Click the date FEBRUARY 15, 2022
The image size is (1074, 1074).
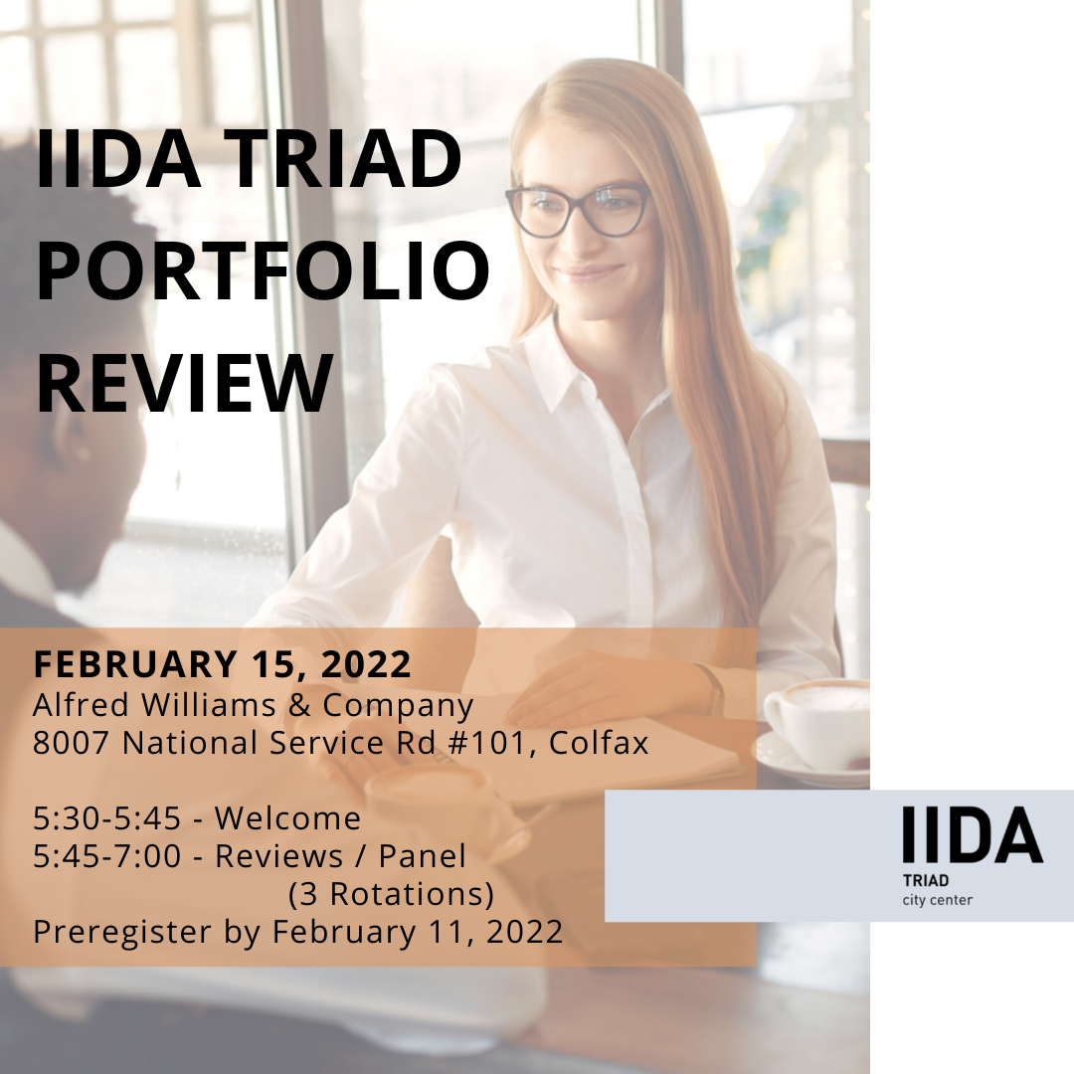(x=223, y=663)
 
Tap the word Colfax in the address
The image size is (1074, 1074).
(x=599, y=743)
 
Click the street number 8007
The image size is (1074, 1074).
(x=72, y=743)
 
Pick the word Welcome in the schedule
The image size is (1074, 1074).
(x=287, y=817)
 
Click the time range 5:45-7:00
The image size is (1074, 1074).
(x=106, y=855)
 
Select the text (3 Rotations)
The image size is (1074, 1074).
(x=391, y=894)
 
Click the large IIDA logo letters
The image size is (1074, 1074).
(x=973, y=834)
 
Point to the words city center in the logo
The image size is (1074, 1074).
(x=937, y=900)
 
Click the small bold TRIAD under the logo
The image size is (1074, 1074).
(x=926, y=880)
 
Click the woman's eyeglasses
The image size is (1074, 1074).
(x=578, y=208)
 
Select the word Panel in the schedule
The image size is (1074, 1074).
(x=423, y=855)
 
